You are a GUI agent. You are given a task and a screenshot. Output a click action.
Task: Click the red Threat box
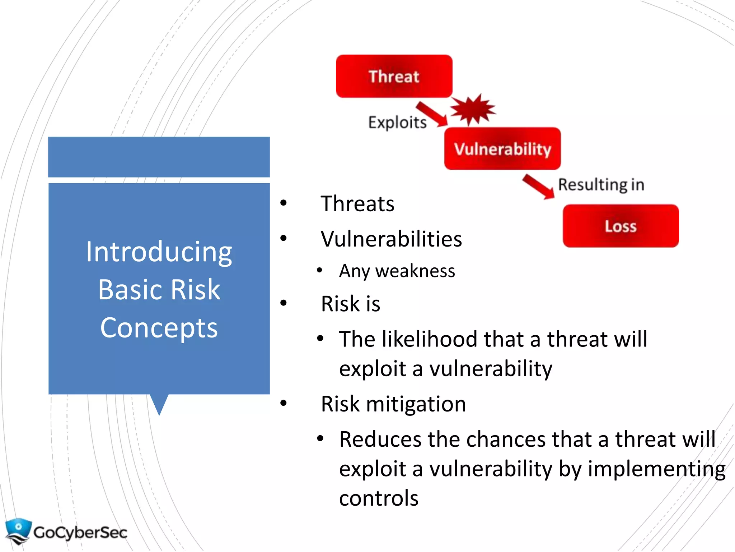394,76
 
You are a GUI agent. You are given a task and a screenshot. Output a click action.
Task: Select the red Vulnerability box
502,148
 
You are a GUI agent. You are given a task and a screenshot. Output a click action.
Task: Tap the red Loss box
621,226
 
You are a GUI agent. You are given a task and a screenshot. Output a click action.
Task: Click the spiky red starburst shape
473,109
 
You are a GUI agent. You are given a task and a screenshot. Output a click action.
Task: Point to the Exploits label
397,123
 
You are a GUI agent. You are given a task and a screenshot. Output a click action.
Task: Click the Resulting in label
601,185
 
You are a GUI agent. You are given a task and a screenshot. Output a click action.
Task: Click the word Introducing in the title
159,252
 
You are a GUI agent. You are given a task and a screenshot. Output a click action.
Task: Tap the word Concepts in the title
159,328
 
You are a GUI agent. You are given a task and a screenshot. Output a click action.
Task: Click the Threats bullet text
357,204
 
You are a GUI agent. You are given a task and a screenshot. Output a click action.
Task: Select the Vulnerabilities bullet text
391,239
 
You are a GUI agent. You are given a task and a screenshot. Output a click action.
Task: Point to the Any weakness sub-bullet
397,271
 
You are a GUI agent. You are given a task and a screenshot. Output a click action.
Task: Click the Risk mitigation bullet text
393,404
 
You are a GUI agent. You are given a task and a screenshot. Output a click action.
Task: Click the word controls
379,498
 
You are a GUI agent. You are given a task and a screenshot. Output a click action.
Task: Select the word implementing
656,469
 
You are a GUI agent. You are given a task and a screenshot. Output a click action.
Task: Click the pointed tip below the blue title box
159,408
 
